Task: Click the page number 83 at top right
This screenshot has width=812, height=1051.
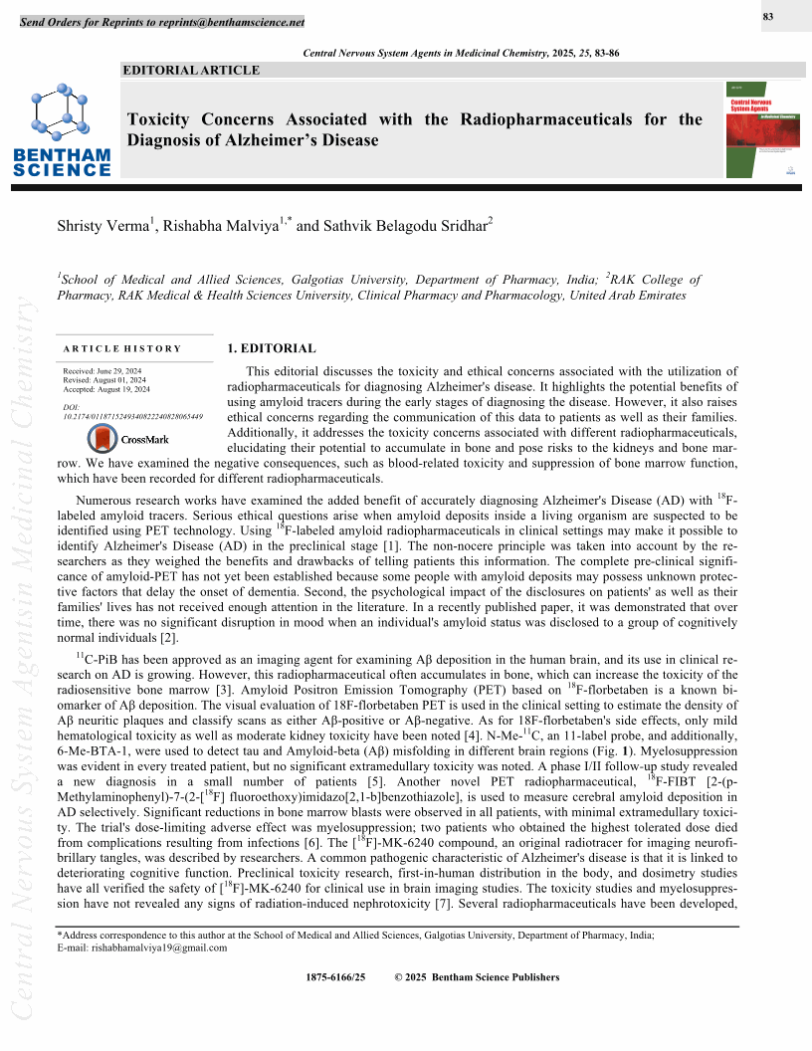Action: (x=768, y=16)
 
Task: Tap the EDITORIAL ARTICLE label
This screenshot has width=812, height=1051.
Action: (x=191, y=70)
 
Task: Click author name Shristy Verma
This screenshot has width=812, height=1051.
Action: (x=103, y=227)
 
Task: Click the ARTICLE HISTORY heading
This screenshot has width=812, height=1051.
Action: (x=121, y=348)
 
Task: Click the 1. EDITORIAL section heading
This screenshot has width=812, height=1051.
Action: (x=272, y=348)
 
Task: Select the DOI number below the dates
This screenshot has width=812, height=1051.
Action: (x=132, y=416)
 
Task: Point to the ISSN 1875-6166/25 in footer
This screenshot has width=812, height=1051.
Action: (x=337, y=977)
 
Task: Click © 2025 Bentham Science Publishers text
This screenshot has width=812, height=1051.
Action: (x=477, y=977)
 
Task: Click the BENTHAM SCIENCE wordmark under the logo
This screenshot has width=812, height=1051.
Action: (x=62, y=162)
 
